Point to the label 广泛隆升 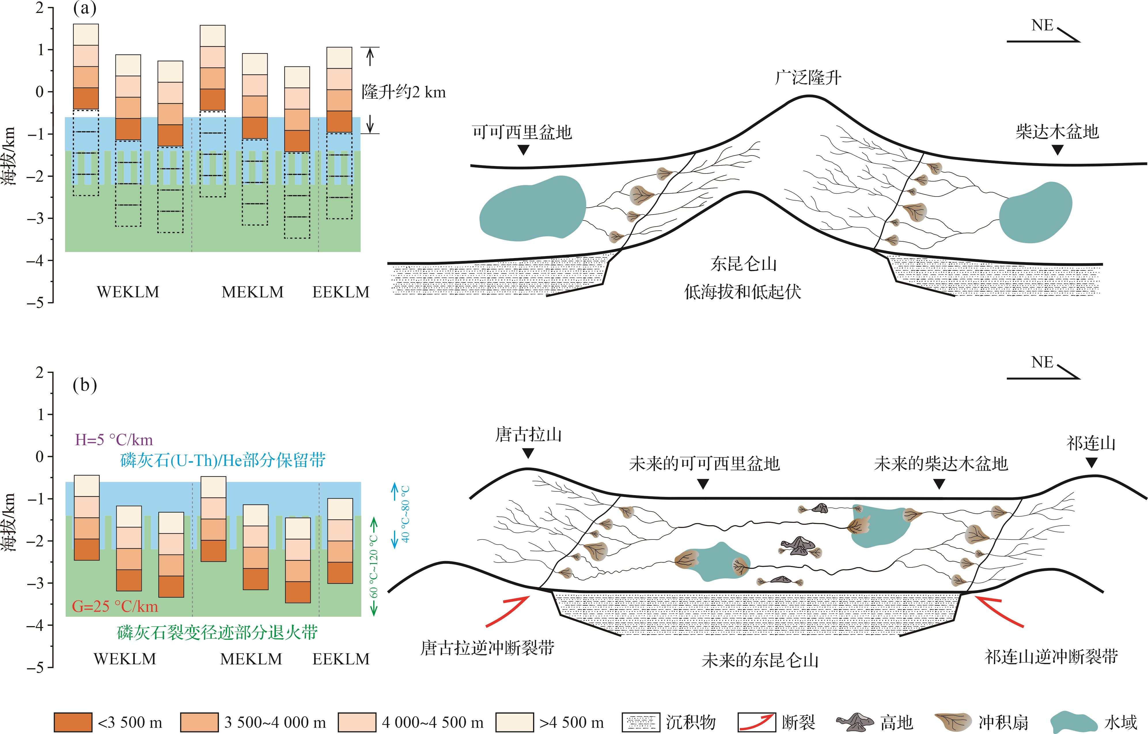[808, 77]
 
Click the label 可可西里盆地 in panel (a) [522, 132]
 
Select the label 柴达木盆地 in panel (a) [1057, 131]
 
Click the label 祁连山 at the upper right [1091, 444]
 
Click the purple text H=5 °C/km [114, 439]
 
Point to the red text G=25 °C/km [114, 606]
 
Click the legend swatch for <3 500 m [73, 722]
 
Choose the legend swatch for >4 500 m [515, 722]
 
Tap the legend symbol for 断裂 [756, 722]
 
